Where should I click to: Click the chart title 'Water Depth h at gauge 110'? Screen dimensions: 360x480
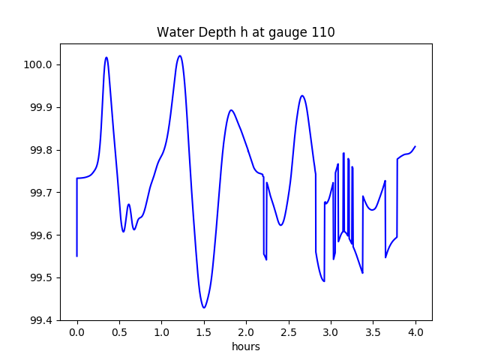(245, 33)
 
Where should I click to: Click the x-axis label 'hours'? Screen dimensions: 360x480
(245, 347)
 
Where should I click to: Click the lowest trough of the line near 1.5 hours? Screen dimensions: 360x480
(204, 307)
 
